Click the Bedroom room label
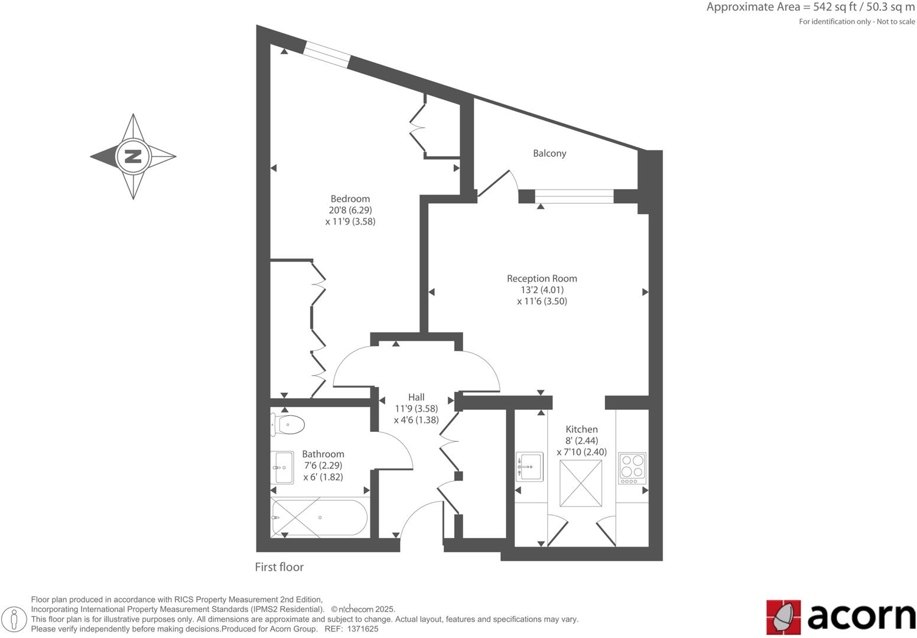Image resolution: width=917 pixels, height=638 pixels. (x=350, y=199)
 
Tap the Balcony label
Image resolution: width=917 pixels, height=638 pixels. (x=549, y=154)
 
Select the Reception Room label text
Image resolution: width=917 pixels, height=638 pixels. (x=542, y=279)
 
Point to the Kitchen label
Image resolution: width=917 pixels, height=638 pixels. (x=581, y=429)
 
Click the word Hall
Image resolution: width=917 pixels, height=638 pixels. (x=416, y=398)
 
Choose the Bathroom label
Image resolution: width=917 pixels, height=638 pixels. (x=323, y=454)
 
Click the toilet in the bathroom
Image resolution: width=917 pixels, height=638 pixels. (x=288, y=424)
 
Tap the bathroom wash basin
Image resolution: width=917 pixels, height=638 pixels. (x=282, y=467)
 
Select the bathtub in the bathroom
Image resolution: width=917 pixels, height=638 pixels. (x=319, y=518)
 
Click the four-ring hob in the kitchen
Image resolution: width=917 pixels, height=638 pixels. (x=632, y=466)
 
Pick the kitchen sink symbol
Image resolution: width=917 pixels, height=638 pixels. (x=529, y=467)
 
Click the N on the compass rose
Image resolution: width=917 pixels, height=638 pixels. (x=134, y=157)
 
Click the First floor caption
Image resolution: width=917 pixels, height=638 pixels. (x=279, y=567)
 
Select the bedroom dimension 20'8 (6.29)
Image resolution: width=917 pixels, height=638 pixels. (x=350, y=210)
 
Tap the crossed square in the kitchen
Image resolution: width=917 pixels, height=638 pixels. (x=581, y=483)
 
